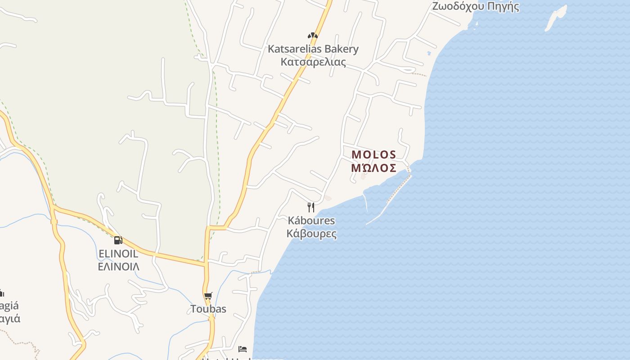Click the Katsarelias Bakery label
tap(313, 49)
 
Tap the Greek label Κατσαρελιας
tap(313, 62)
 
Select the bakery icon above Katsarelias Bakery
tap(313, 35)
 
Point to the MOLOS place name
tap(373, 155)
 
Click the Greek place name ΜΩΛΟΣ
tap(373, 168)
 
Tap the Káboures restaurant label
tap(311, 220)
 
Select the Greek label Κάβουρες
tap(311, 234)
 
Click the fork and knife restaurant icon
tap(310, 207)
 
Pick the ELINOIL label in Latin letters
tap(118, 254)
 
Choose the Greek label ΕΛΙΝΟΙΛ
tap(118, 266)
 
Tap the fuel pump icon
tap(118, 240)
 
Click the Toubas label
tap(208, 309)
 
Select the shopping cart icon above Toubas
tap(208, 296)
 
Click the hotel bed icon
tap(243, 349)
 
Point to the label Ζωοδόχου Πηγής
tap(475, 6)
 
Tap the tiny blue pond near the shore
tap(429, 54)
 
